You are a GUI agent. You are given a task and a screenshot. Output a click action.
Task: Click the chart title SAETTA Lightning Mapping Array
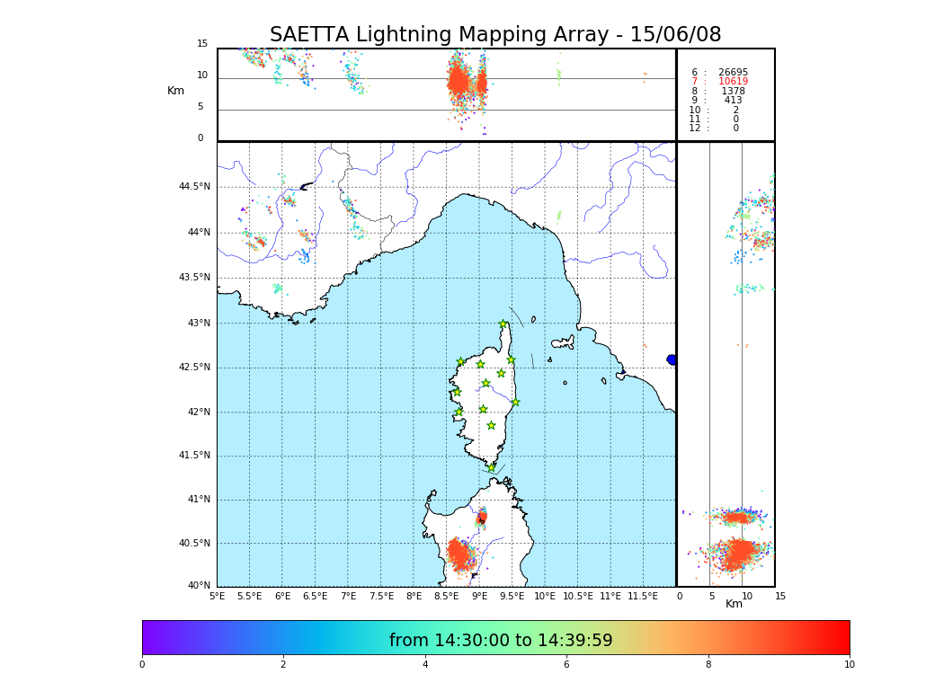(495, 35)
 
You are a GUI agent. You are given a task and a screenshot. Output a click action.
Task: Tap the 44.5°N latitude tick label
(194, 187)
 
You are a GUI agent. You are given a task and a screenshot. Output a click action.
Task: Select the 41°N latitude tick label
(198, 500)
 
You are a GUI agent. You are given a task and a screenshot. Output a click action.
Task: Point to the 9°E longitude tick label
(479, 596)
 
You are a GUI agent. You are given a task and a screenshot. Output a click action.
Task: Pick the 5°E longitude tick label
(218, 596)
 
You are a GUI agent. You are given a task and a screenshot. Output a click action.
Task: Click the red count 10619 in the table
(733, 82)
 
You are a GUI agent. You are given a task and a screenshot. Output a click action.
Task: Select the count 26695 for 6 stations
(733, 73)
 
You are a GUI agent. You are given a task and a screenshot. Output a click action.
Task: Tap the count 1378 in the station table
(733, 92)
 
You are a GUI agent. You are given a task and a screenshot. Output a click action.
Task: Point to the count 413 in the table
(733, 101)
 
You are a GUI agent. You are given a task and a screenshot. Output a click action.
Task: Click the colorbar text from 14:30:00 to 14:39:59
(501, 641)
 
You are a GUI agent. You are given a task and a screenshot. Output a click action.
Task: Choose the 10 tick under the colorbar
(849, 664)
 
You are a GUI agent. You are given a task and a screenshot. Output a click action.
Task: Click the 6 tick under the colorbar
(566, 664)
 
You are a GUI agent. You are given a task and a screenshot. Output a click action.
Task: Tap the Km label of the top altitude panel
(175, 91)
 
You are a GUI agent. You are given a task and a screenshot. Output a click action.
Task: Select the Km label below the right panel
(735, 604)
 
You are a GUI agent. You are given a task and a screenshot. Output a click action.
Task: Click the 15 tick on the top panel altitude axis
(202, 44)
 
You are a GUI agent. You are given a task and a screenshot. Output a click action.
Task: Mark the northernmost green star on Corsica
(503, 324)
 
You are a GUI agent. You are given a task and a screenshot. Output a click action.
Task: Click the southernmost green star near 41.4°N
(492, 467)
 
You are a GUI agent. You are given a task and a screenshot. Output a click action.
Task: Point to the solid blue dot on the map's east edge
(672, 359)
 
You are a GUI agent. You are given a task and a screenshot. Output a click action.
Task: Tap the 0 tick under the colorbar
(142, 664)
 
